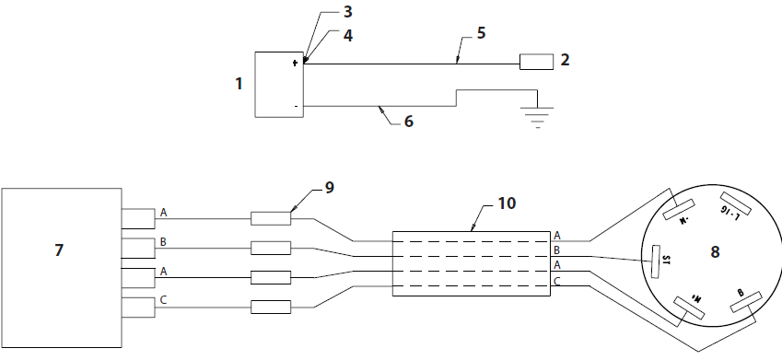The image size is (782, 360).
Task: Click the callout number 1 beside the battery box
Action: point(239,84)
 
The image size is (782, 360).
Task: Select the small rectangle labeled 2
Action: point(535,63)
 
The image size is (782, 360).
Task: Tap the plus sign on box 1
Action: point(295,64)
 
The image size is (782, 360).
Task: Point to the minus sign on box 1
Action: point(295,107)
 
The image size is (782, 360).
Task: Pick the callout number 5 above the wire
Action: point(481,33)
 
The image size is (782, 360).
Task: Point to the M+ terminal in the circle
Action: point(689,308)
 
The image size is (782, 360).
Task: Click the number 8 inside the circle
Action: point(714,251)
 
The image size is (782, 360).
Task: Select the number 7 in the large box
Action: point(59,250)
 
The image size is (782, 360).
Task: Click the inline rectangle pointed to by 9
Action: point(271,219)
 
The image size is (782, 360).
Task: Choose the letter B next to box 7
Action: point(164,242)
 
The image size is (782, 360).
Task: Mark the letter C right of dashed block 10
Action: point(557,280)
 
